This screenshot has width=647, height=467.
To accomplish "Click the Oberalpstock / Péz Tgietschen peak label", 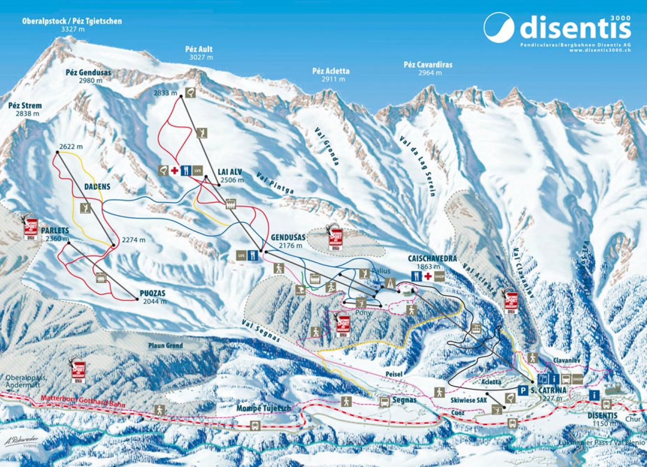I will pyautogui.click(x=72, y=21).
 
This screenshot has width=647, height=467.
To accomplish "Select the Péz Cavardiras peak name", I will pyautogui.click(x=428, y=65).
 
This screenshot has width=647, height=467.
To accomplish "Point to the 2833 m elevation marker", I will pyautogui.click(x=165, y=93).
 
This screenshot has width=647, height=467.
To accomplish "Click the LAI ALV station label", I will pyautogui.click(x=230, y=172).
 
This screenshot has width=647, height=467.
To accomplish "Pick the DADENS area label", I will pyautogui.click(x=97, y=187).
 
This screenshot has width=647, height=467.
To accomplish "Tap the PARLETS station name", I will pyautogui.click(x=55, y=231).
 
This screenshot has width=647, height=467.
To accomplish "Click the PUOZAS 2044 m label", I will pyautogui.click(x=154, y=297).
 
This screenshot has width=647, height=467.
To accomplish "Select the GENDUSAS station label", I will pyautogui.click(x=288, y=238).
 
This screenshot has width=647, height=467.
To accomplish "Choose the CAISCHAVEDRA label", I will pyautogui.click(x=432, y=258).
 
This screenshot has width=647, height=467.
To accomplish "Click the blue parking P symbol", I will pyautogui.click(x=523, y=390).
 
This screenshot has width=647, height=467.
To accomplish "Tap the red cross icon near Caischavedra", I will pyautogui.click(x=428, y=276).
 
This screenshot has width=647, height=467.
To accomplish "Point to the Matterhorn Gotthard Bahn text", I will pyautogui.click(x=83, y=401).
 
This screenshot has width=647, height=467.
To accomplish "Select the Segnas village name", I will pyautogui.click(x=404, y=400).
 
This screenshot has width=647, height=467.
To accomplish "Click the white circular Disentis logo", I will pyautogui.click(x=499, y=28).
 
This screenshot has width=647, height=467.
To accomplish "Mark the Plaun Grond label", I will pyautogui.click(x=165, y=346).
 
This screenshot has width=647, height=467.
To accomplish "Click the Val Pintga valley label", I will pyautogui.click(x=275, y=183).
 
